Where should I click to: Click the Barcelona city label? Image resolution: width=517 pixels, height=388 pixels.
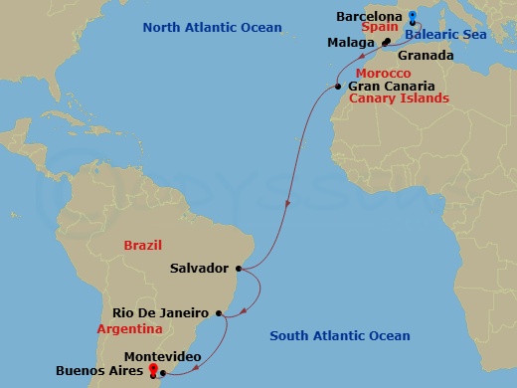pyautogui.click(x=370, y=17)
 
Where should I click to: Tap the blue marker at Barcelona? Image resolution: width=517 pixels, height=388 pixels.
pyautogui.click(x=412, y=17)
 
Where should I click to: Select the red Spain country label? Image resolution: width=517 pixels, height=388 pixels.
pyautogui.click(x=381, y=30)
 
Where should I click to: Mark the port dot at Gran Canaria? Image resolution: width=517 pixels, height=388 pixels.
pyautogui.click(x=338, y=88)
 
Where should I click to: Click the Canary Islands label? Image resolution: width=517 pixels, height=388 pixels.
pyautogui.click(x=399, y=99)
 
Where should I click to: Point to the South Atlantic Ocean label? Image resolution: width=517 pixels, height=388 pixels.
pyautogui.click(x=340, y=336)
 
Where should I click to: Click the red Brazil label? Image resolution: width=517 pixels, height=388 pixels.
pyautogui.click(x=142, y=245)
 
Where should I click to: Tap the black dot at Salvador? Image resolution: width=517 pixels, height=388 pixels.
pyautogui.click(x=241, y=268)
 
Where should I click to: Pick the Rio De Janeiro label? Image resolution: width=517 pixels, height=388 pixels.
pyautogui.click(x=158, y=312)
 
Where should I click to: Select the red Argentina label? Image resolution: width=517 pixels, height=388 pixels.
pyautogui.click(x=129, y=327)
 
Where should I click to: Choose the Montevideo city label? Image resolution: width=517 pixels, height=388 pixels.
pyautogui.click(x=164, y=356)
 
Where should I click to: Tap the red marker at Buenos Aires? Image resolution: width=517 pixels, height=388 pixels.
pyautogui.click(x=153, y=371)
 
